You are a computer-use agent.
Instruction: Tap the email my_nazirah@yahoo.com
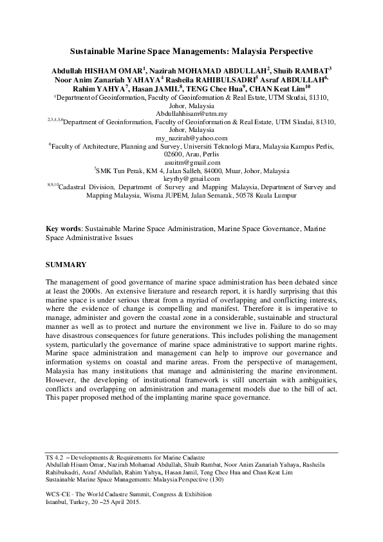point(191,138)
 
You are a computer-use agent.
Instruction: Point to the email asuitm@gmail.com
point(191,162)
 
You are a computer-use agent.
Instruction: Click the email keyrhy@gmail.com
point(191,178)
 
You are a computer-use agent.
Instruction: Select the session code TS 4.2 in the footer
point(55,456)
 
